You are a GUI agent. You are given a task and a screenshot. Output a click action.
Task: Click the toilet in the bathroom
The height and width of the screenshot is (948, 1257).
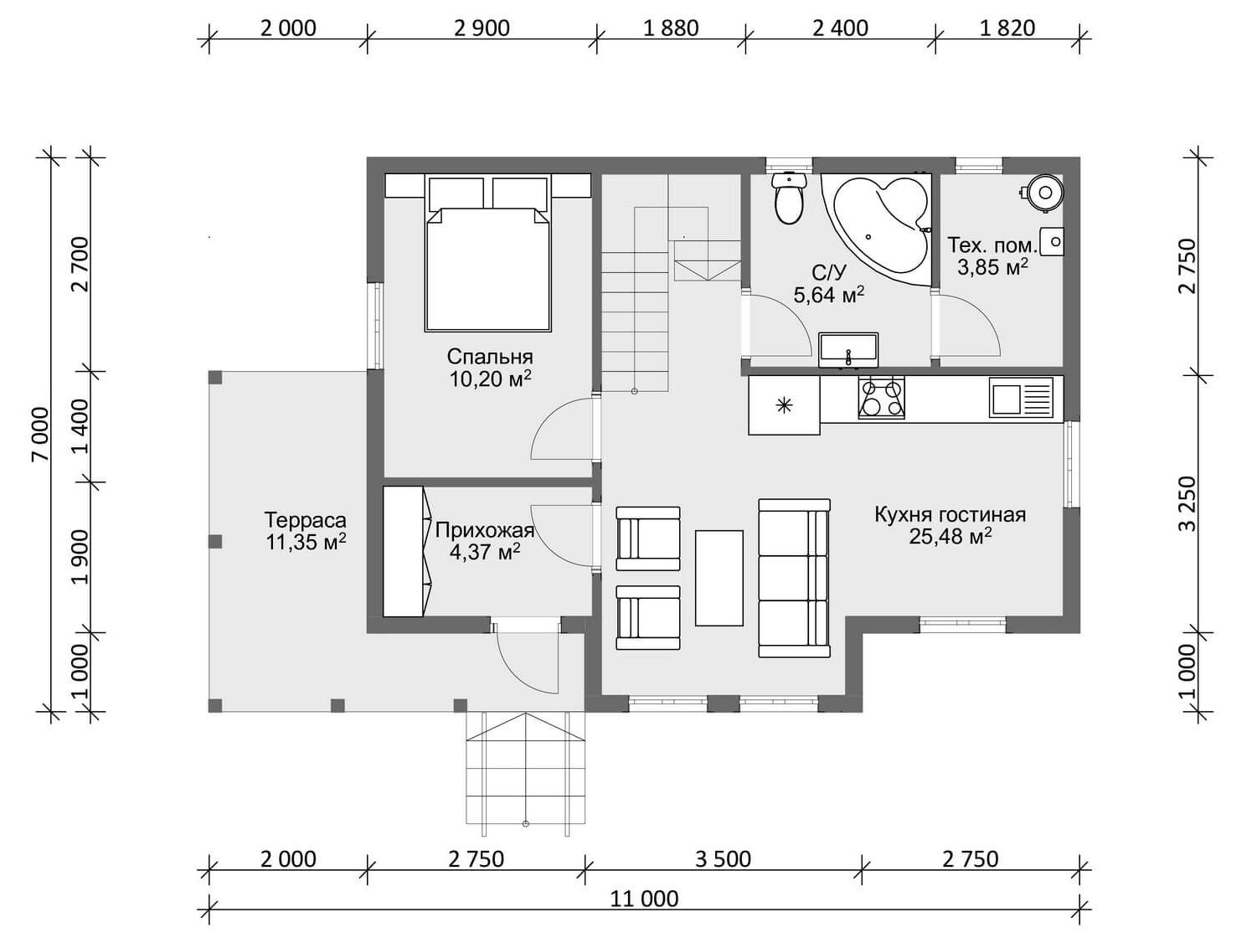(789, 198)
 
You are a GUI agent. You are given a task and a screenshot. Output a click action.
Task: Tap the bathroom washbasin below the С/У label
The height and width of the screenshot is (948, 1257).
(848, 350)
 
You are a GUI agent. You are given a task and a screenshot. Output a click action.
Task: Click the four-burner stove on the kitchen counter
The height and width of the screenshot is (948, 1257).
(881, 397)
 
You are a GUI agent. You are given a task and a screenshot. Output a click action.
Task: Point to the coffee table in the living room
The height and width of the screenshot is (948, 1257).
(719, 578)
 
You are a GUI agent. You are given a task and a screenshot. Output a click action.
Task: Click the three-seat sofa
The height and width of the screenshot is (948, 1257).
(794, 578)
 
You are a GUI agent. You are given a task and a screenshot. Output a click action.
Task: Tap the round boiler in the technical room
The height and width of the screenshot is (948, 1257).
(1044, 193)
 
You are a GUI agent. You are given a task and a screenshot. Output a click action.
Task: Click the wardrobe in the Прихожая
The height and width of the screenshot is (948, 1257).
(407, 552)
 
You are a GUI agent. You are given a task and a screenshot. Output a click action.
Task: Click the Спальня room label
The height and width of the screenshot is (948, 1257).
(490, 357)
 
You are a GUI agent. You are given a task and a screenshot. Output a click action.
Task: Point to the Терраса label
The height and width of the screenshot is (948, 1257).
(305, 520)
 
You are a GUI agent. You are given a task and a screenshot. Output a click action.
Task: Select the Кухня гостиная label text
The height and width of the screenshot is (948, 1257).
(950, 515)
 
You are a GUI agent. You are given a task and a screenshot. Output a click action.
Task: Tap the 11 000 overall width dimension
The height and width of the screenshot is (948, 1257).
(644, 899)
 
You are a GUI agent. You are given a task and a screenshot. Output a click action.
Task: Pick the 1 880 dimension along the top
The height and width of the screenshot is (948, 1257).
(671, 28)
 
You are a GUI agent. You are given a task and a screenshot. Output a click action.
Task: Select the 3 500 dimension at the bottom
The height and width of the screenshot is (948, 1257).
(723, 859)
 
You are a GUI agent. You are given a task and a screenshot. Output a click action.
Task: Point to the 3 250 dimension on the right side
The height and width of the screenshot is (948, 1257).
(1187, 504)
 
